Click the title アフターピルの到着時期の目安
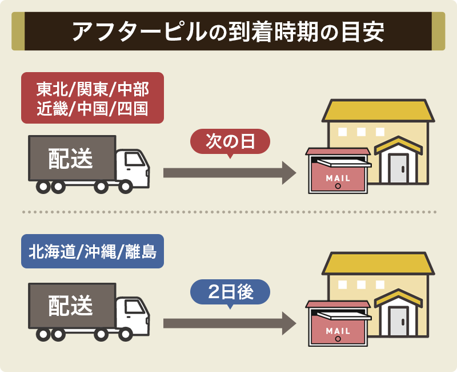[228, 31]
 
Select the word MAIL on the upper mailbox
[338, 178]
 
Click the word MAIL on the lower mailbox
[338, 331]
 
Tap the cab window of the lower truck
[133, 308]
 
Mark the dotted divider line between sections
[228, 212]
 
